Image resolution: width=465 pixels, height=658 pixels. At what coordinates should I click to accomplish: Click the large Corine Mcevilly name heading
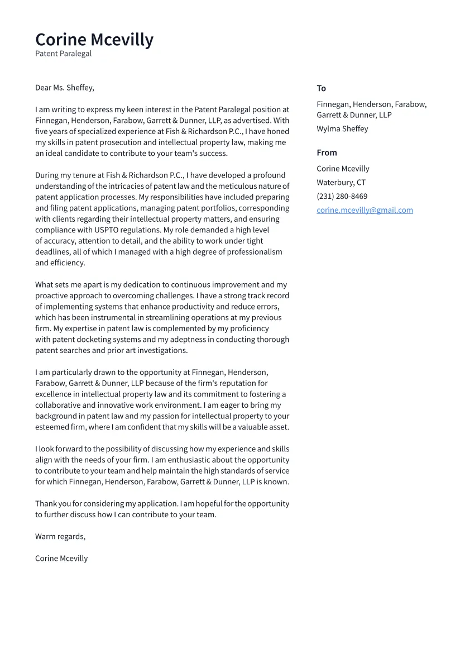94,40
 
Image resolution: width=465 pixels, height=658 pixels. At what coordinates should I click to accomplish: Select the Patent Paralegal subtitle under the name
63,54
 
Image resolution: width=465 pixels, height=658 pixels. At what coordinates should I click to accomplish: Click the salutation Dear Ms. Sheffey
64,88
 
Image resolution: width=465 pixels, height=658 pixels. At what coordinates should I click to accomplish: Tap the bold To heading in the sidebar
321,88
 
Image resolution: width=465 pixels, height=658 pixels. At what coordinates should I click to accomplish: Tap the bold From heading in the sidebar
327,152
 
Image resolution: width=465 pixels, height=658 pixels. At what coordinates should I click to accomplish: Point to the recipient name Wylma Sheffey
342,129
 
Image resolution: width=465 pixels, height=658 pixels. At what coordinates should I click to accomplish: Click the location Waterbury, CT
341,183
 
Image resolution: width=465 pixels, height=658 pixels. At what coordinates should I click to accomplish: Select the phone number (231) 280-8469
342,197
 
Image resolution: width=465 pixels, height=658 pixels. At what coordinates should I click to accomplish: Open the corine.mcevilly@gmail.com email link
365,211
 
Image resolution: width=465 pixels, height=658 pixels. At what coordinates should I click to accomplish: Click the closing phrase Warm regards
60,537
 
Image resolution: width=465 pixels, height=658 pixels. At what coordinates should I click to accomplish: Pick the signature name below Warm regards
61,559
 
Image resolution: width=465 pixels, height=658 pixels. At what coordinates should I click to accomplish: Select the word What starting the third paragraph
44,285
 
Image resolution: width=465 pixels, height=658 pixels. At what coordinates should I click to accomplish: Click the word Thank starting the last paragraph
46,504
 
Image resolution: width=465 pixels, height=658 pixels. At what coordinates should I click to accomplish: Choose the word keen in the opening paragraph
135,109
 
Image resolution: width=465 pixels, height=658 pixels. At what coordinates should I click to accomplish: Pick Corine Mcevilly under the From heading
343,169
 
